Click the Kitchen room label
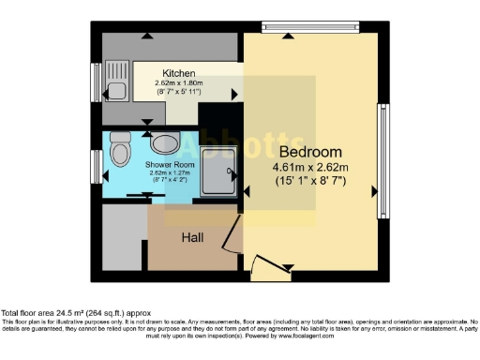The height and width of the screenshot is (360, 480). tap(178, 73)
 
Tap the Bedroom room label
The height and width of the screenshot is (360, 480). tap(310, 152)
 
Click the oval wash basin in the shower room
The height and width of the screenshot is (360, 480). tap(165, 143)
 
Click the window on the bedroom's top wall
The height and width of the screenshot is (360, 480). tap(310, 28)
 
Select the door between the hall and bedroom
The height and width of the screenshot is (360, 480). tap(228, 238)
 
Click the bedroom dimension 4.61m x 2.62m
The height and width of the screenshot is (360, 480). tap(310, 167)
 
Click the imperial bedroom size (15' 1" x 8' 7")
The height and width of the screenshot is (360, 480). tap(310, 180)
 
